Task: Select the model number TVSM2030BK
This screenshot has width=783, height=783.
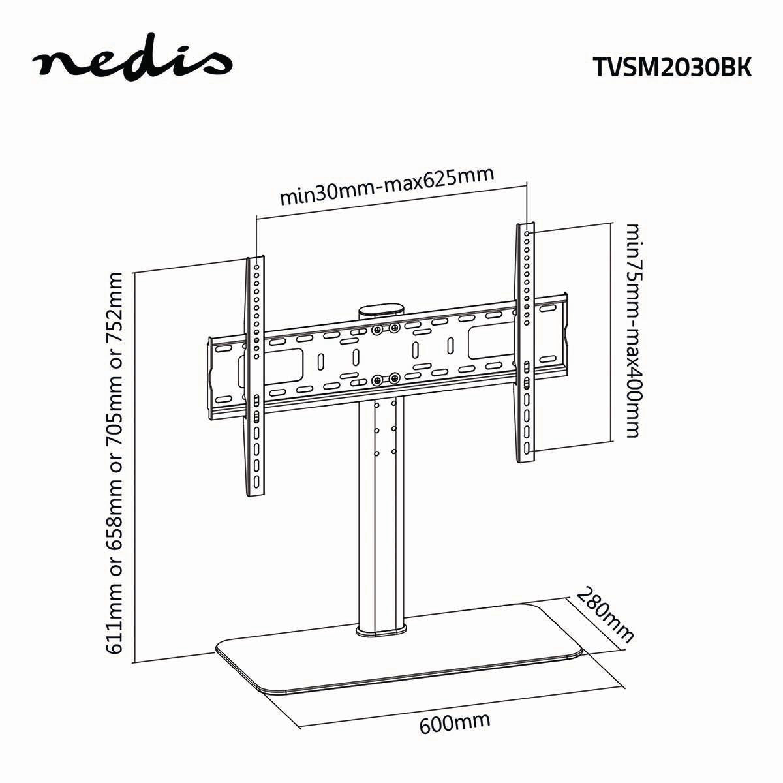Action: click(x=671, y=66)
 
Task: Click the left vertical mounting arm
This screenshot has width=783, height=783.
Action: click(x=256, y=378)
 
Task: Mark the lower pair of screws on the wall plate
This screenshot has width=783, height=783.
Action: click(x=386, y=378)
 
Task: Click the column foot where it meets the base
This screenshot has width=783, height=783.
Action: click(x=381, y=629)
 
